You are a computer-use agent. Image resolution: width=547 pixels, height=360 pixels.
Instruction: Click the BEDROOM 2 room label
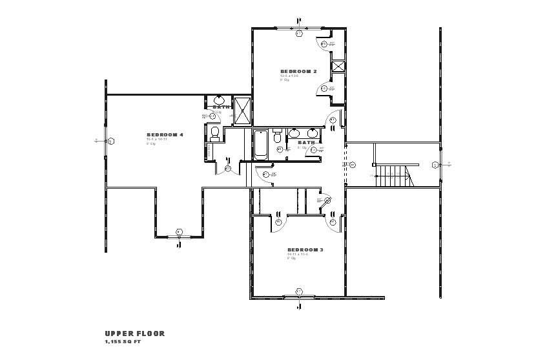(x=298, y=70)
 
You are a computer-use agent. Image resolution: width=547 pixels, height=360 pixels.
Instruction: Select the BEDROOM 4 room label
(x=165, y=134)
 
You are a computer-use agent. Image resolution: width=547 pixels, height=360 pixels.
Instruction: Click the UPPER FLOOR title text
(x=134, y=334)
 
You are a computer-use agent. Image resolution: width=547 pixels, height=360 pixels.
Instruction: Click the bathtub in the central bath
(x=261, y=145)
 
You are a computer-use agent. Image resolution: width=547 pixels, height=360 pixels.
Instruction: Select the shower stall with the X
(x=243, y=110)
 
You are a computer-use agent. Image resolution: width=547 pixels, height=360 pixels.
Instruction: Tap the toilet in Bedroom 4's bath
(x=215, y=132)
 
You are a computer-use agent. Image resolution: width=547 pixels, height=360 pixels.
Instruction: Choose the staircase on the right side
(x=392, y=175)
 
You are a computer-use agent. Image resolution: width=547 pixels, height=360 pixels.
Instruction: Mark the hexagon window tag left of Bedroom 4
(x=110, y=140)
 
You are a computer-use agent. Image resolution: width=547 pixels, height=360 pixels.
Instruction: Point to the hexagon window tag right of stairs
(x=435, y=164)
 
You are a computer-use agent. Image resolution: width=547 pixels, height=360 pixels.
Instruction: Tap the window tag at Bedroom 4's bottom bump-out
(x=179, y=232)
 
